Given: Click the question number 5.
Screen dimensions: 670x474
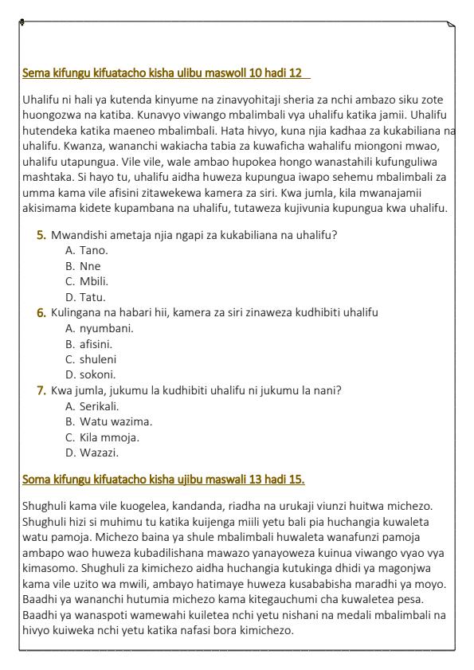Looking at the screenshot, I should click(41, 235).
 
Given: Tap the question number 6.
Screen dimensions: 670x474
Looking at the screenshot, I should click(41, 312).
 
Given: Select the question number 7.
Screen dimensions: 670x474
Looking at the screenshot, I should click(41, 390).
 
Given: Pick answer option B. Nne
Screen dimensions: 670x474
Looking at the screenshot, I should click(83, 266).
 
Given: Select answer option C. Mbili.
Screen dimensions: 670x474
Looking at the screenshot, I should click(87, 281).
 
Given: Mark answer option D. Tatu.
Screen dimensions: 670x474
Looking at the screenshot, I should click(86, 297).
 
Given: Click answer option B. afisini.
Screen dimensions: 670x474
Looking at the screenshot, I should click(89, 343).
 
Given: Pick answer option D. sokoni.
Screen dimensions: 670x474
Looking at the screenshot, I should click(90, 374).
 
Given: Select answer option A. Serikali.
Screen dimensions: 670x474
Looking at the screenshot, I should click(90, 406).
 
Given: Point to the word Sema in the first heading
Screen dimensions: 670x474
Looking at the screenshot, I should click(34, 74).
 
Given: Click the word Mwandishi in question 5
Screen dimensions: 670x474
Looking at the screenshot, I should click(78, 235).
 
